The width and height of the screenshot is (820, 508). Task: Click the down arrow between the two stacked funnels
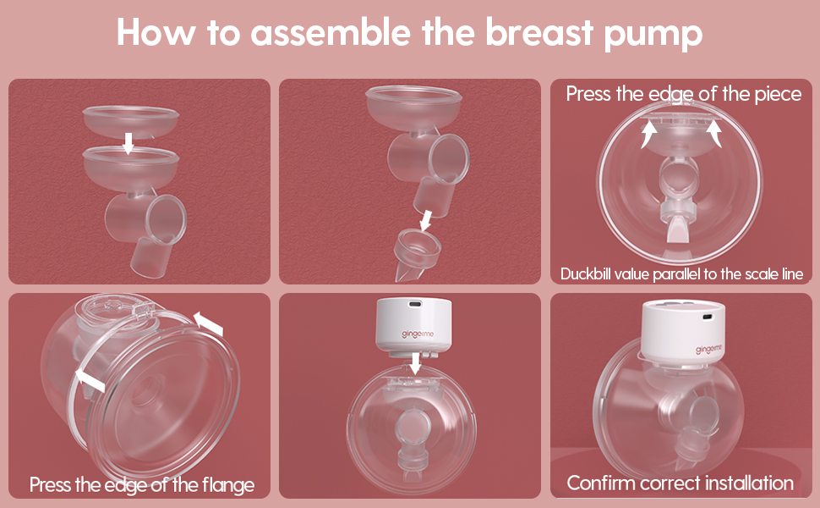coord(128,142)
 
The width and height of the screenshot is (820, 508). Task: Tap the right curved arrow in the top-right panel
coord(715,132)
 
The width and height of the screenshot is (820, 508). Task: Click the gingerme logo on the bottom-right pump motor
coord(710,348)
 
